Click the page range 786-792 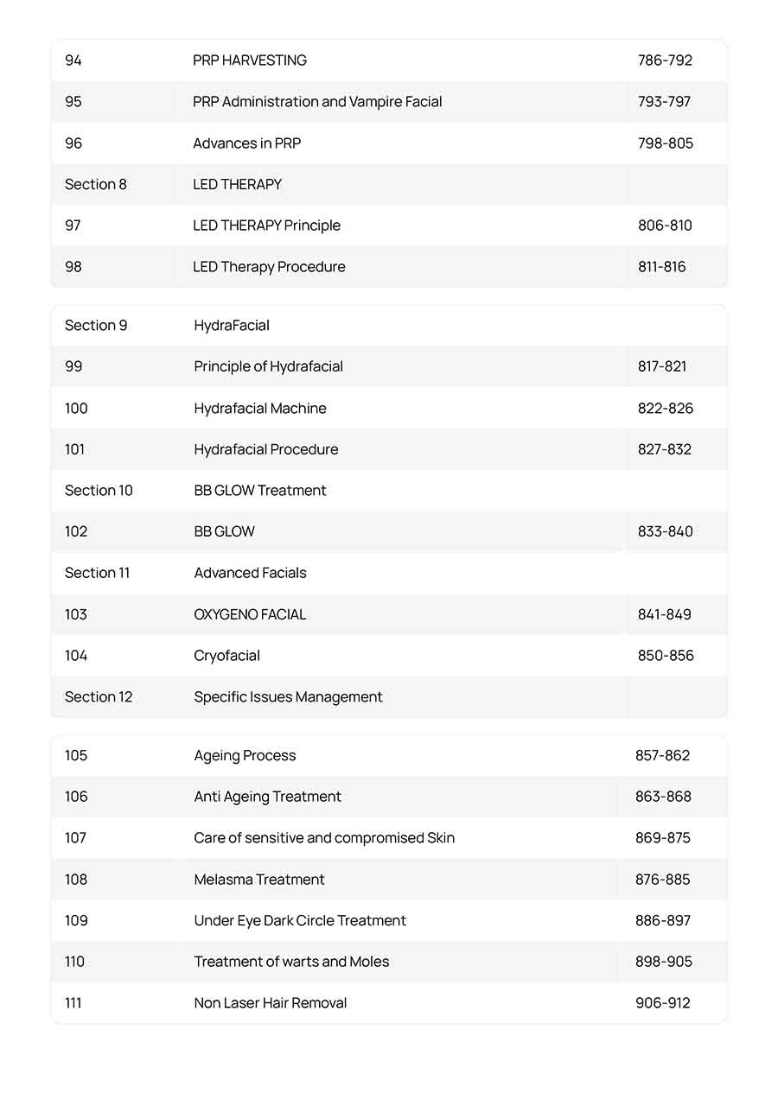665,60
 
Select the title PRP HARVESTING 249,60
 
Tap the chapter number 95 73,102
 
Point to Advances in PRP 246,143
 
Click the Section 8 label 95,184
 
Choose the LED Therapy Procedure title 269,267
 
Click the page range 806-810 665,226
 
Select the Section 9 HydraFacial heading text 232,326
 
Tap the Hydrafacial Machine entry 259,409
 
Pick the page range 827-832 664,449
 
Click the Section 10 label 99,491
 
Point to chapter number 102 76,531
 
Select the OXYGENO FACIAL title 250,614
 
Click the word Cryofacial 226,656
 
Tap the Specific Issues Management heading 288,697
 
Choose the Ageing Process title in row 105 245,756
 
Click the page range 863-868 663,797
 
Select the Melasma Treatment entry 259,880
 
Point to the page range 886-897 663,921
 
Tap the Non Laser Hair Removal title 270,1003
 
